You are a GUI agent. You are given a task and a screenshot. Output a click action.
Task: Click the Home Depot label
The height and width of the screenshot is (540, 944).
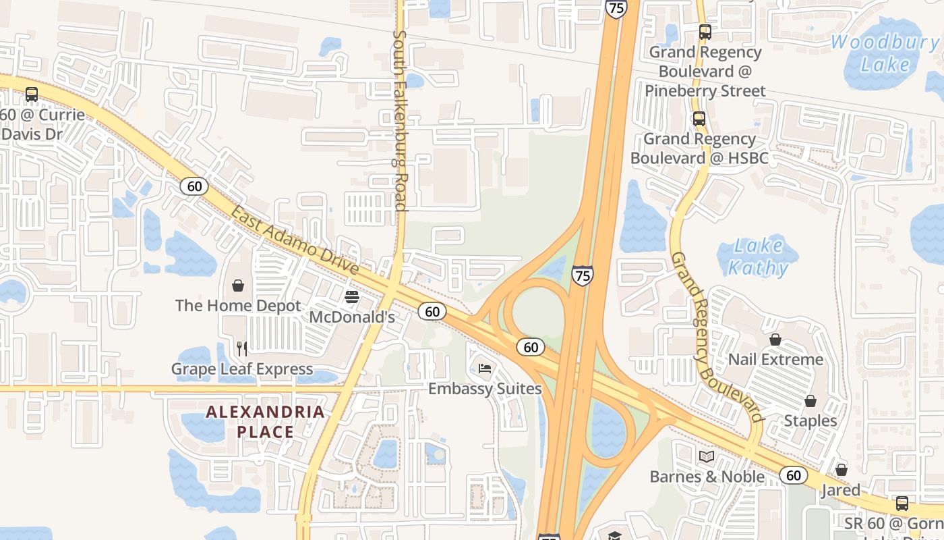click(238, 306)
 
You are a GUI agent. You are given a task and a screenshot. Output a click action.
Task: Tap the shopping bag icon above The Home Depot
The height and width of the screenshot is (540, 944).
click(238, 286)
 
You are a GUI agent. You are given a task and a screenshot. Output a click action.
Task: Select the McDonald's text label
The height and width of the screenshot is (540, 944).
click(351, 317)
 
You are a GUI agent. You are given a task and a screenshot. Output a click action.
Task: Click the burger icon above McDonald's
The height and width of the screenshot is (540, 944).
click(351, 297)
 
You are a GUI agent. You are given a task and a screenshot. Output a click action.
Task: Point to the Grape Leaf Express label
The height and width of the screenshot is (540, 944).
click(242, 369)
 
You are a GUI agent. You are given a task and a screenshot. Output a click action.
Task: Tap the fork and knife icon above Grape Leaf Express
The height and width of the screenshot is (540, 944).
click(242, 348)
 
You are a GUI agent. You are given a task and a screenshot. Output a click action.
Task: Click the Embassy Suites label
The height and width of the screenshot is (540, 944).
click(485, 389)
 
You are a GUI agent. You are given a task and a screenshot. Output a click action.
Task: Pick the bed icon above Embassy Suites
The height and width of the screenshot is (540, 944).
click(485, 369)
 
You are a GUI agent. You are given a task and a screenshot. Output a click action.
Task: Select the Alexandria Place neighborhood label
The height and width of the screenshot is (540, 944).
click(265, 421)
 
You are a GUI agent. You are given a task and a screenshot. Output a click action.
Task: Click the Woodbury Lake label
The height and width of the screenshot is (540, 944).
click(885, 53)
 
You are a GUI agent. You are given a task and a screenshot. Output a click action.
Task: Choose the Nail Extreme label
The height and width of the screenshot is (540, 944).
click(775, 359)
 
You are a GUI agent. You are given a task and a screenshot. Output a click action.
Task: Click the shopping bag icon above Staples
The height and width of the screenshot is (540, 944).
click(810, 401)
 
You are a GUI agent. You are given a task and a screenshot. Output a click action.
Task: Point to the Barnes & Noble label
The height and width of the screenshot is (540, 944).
click(707, 477)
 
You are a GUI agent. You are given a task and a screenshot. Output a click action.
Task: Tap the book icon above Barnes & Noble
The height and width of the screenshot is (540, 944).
click(707, 457)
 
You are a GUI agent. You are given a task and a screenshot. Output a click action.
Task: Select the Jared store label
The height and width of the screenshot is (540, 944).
click(841, 490)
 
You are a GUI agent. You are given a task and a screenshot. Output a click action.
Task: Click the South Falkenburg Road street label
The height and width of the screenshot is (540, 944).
click(400, 120)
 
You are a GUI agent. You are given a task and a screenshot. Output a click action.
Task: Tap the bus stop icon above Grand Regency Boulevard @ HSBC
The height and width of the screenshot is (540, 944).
click(699, 119)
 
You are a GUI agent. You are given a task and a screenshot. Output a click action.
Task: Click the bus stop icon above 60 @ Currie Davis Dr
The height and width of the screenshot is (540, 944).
click(32, 94)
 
